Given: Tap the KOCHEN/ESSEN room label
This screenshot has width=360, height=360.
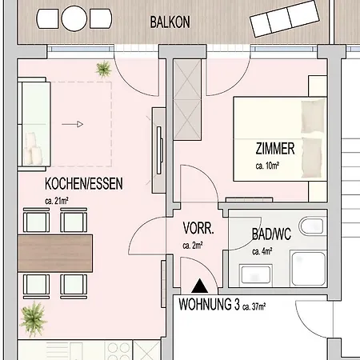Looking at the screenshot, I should (x=84, y=184).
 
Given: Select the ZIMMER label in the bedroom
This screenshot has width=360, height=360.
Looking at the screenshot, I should (x=276, y=148).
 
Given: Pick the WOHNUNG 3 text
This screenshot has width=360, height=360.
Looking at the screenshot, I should (x=210, y=305).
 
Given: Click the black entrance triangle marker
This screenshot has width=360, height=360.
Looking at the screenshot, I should (x=199, y=284).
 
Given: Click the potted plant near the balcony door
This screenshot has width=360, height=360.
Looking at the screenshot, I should (x=103, y=70).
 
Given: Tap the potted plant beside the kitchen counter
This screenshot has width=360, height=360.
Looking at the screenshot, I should (x=33, y=322).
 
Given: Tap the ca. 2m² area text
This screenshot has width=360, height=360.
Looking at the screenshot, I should (x=193, y=245).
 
